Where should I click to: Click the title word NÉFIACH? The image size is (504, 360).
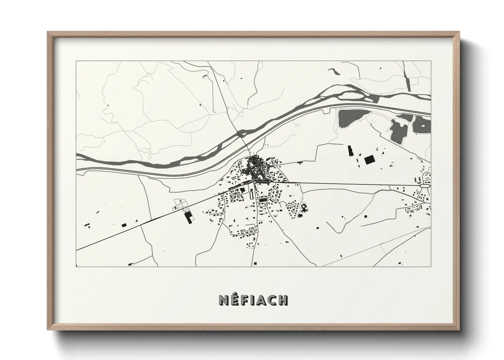tap(253, 300)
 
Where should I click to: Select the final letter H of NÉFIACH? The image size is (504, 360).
tap(283, 300)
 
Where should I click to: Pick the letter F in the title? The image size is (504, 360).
tap(245, 300)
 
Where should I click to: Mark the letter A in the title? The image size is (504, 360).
tap(261, 300)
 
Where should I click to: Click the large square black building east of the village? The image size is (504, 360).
tap(369, 160)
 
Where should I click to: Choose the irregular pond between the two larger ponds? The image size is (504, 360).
tap(399, 130)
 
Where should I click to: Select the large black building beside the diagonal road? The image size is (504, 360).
tap(188, 217)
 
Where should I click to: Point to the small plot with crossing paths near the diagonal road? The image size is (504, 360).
tap(179, 204)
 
